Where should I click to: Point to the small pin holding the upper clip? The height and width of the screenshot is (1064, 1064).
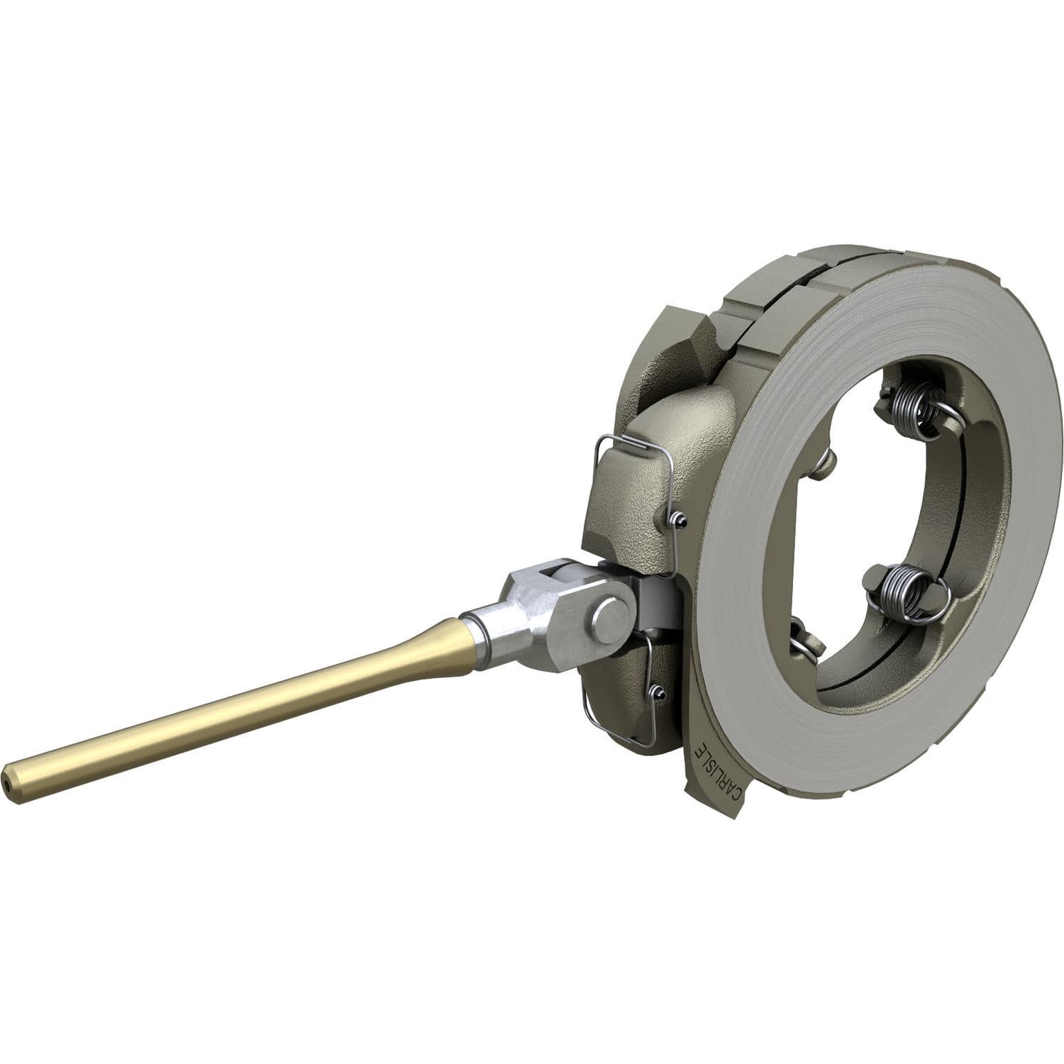click(679, 521)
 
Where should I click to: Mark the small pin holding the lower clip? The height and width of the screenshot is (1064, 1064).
click(658, 692)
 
